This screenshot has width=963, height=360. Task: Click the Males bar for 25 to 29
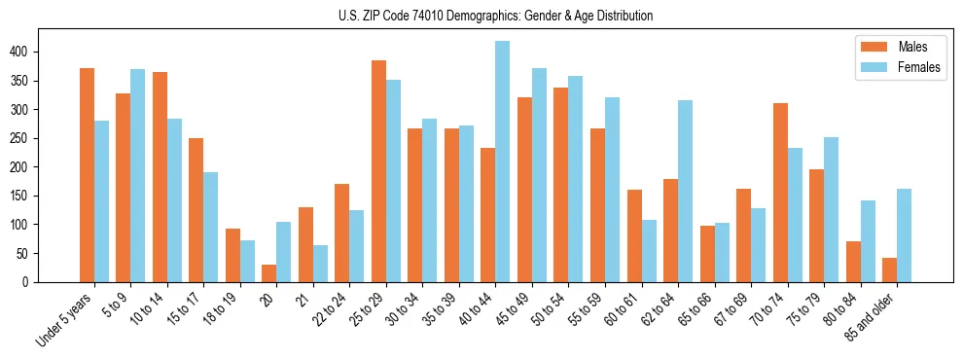378,171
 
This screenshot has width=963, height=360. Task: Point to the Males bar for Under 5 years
87,175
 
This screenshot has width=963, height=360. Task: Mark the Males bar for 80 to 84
853,262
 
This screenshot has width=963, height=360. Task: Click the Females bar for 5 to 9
138,175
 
